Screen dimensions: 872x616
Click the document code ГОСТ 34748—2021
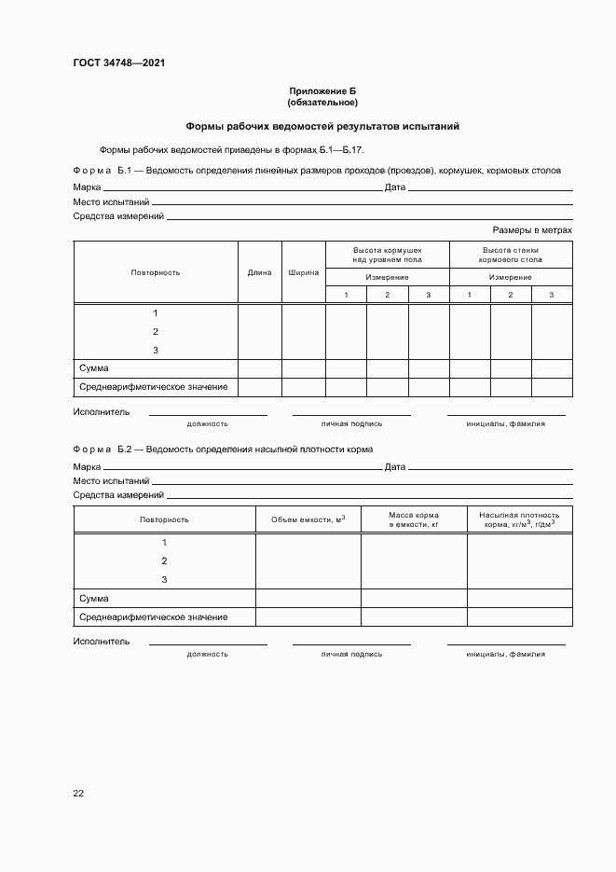119,63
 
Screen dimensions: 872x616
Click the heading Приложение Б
322,91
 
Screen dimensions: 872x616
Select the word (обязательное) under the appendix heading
322,102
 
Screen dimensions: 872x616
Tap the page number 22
78,793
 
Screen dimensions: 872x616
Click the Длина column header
260,272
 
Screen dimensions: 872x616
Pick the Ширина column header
303,272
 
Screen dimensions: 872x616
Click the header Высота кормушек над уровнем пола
387,255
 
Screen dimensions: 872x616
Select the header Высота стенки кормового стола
511,255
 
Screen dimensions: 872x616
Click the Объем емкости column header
308,519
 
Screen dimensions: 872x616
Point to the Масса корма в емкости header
414,519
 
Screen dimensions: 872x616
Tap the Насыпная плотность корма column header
519,519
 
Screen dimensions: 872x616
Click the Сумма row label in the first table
94,368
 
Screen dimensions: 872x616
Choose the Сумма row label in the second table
94,598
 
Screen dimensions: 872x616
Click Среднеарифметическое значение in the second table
154,616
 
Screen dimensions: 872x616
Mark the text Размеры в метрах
531,229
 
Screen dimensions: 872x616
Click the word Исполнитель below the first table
102,411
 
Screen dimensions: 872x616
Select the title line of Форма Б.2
223,449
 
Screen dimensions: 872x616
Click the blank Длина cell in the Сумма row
260,368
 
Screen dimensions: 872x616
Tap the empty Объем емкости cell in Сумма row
308,598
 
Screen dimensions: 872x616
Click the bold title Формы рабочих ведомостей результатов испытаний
322,126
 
